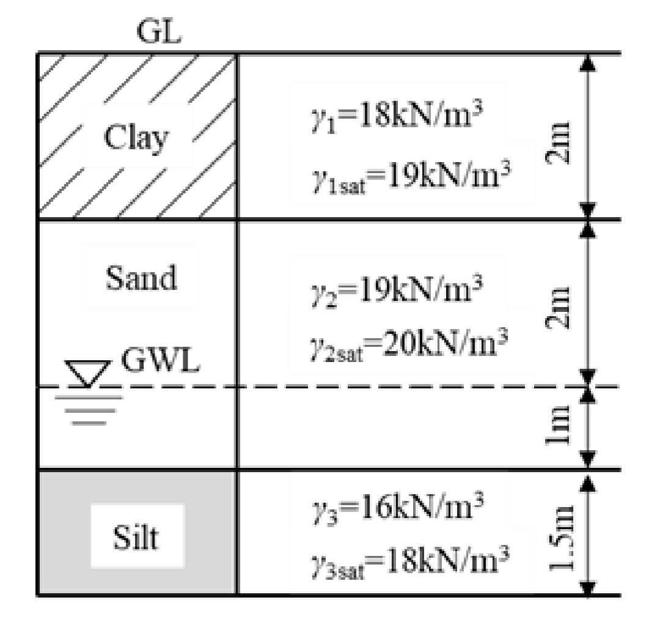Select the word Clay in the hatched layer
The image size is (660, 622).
pos(136,139)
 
